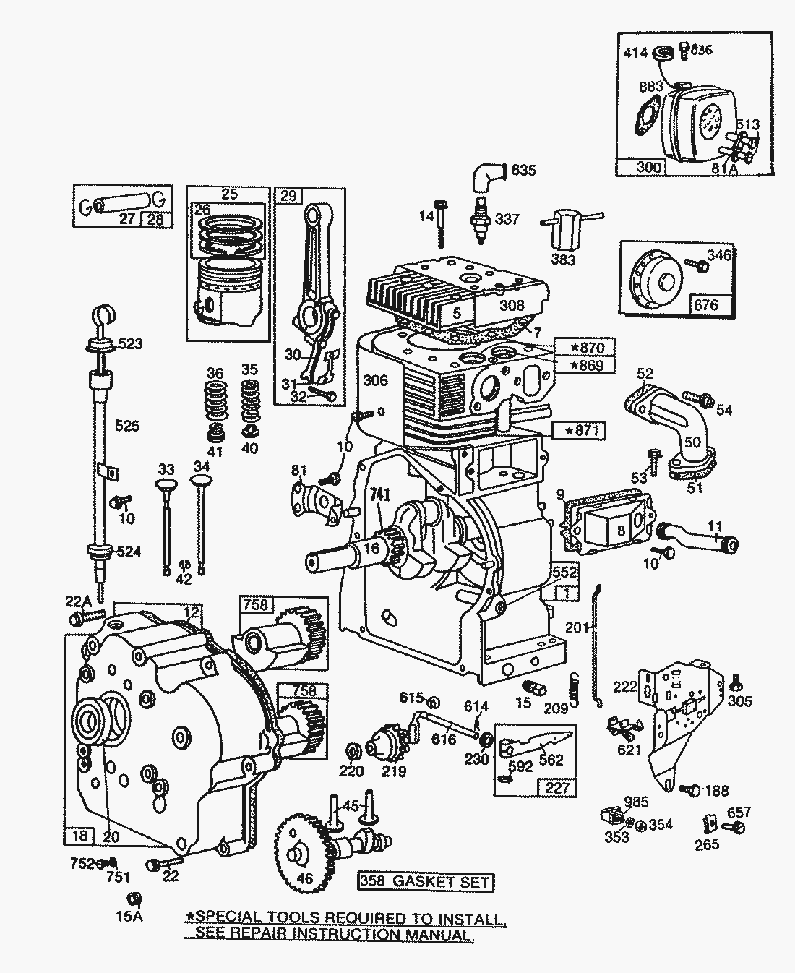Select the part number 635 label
coord(525,171)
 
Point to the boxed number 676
coord(705,304)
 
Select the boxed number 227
coord(556,787)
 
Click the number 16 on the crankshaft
coord(371,548)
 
